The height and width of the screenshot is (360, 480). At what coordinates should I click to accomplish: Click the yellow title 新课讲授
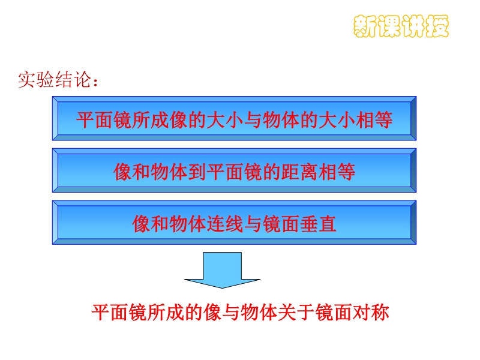click(x=401, y=26)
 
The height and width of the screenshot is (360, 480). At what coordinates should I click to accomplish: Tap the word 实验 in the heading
click(x=36, y=80)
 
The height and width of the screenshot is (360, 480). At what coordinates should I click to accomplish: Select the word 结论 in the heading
click(x=73, y=80)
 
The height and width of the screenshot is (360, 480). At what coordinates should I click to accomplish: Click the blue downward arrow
click(x=222, y=270)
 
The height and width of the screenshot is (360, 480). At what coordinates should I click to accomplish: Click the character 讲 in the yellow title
click(x=413, y=26)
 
